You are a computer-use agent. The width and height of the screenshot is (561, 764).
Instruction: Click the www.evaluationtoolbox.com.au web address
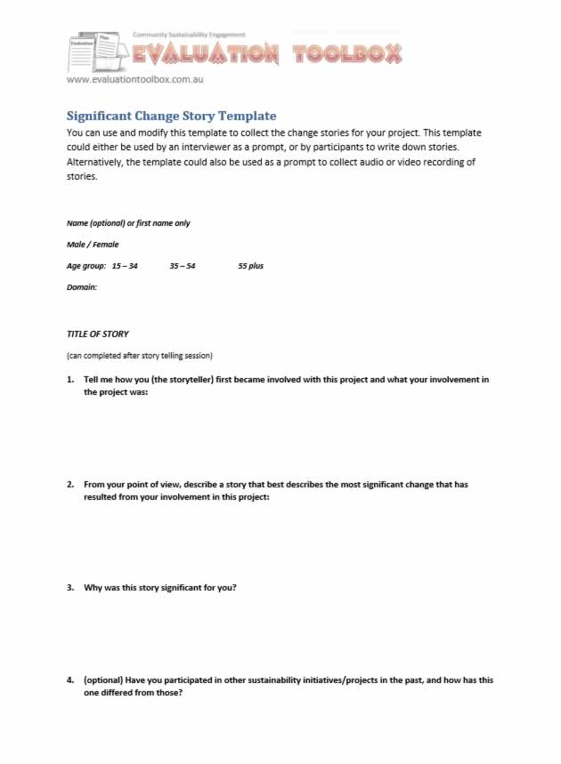[x=135, y=80]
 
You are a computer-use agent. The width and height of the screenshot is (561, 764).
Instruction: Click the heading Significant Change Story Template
[x=171, y=117]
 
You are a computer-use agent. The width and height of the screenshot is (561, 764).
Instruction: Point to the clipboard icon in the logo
[x=94, y=52]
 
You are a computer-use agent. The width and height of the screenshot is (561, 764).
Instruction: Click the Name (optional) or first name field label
[x=128, y=223]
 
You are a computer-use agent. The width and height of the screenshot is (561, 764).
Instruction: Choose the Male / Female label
[x=93, y=245]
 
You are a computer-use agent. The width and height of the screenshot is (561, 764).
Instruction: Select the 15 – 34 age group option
[x=125, y=266]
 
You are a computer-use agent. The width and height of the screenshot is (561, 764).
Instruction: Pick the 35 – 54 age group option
[x=183, y=266]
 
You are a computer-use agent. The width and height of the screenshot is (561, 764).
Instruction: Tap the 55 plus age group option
[x=250, y=266]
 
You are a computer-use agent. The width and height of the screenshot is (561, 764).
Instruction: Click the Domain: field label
[x=82, y=287]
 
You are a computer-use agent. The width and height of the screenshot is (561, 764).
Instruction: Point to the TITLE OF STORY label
[x=98, y=334]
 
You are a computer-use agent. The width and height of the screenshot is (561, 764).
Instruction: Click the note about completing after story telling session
[x=139, y=356]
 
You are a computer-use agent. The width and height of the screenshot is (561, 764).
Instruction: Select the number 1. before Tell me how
[x=70, y=380]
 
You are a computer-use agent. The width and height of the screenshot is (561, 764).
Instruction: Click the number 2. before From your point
[x=70, y=485]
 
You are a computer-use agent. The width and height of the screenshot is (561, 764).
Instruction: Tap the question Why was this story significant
[x=160, y=588]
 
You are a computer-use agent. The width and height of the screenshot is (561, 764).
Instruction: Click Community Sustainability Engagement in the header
[x=189, y=35]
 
